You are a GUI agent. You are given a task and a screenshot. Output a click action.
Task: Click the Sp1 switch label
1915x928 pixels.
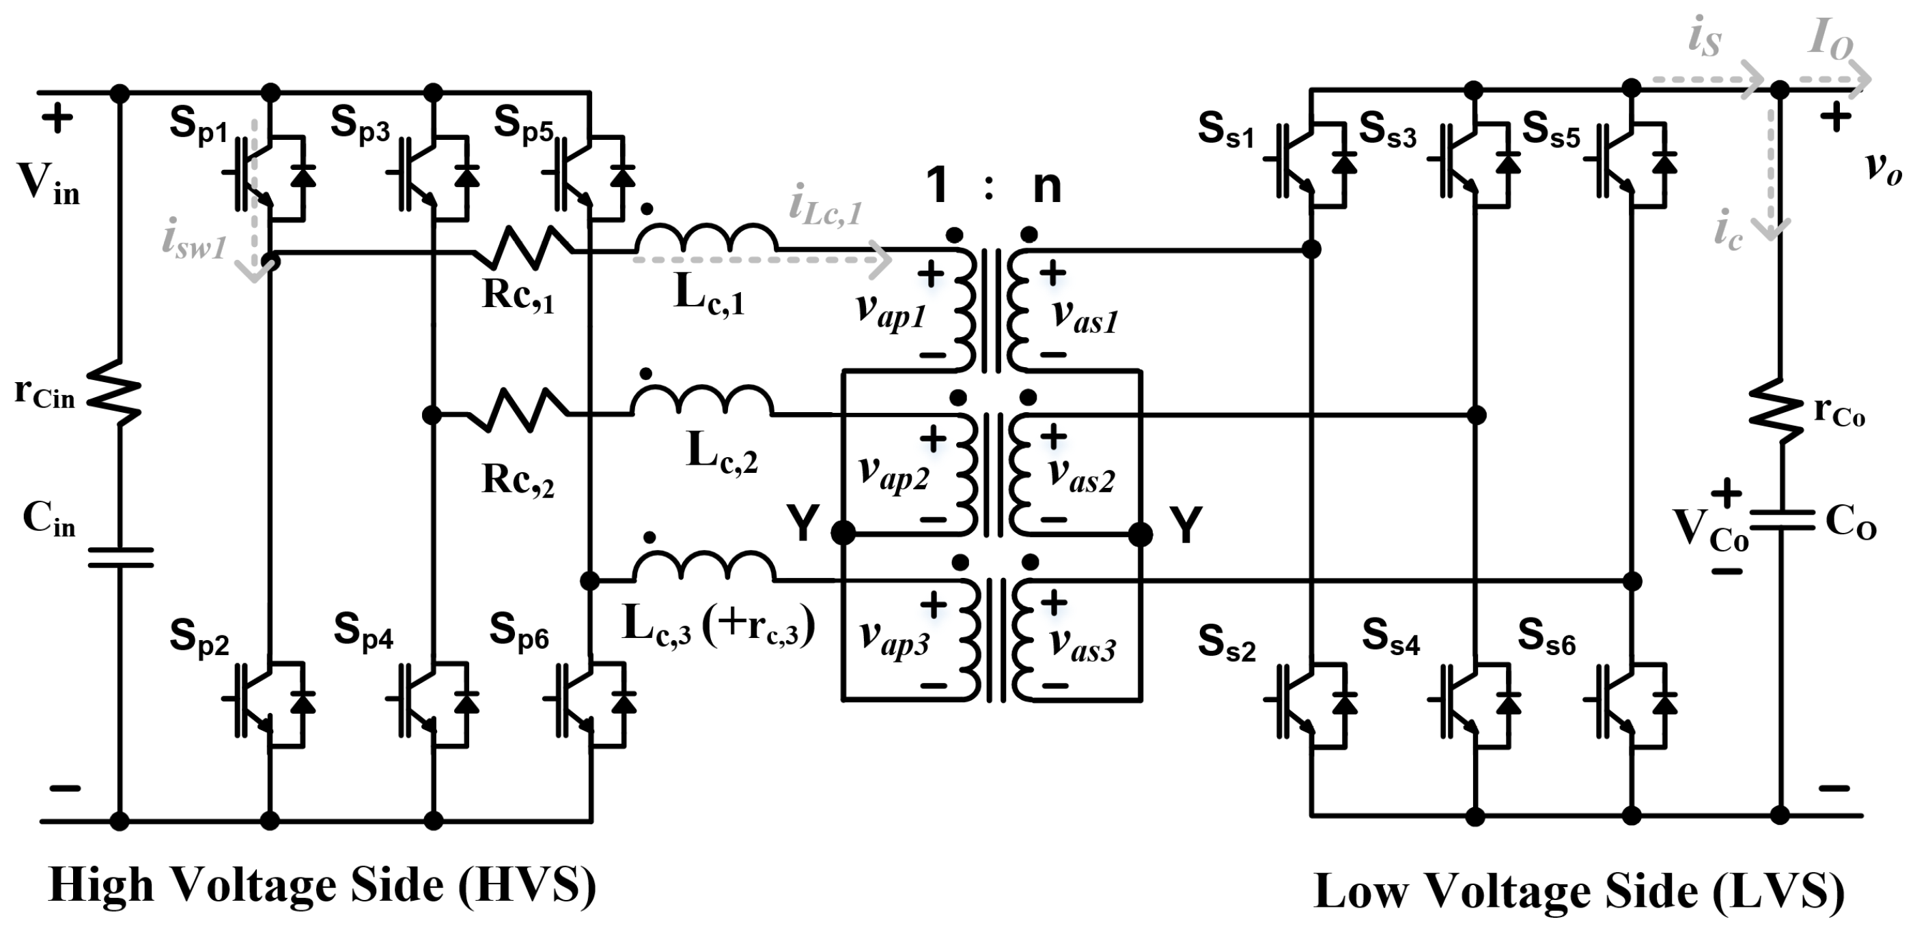[x=199, y=125]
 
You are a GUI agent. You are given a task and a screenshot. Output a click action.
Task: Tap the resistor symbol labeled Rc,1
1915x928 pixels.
[x=525, y=247]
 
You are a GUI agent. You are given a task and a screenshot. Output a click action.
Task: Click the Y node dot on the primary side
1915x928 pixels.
[x=843, y=533]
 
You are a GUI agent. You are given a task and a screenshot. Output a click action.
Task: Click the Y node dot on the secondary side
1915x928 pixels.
[x=1141, y=534]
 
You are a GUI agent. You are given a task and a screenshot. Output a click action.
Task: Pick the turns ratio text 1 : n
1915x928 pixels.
[x=993, y=186]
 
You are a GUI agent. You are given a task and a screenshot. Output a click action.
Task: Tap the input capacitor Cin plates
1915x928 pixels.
[x=120, y=557]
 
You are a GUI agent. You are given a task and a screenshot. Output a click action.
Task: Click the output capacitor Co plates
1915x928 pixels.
[x=1781, y=520]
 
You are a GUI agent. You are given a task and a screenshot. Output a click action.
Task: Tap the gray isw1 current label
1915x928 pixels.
[x=194, y=243]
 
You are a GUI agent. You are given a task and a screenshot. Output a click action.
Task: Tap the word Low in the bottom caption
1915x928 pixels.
[x=1360, y=892]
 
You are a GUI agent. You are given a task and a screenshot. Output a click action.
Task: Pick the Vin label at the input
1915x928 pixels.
[x=49, y=184]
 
